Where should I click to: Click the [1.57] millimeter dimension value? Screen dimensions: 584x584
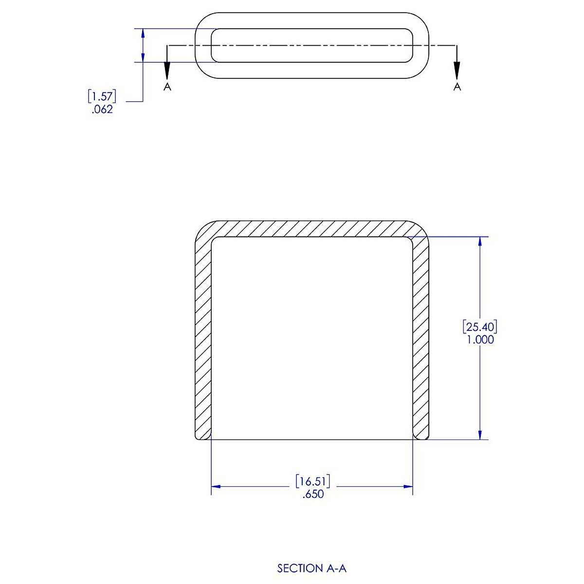pos(102,96)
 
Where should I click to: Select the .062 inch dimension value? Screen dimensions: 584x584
pos(102,109)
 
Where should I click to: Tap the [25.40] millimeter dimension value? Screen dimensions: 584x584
pos(480,326)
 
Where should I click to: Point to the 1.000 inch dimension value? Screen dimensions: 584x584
pos(480,340)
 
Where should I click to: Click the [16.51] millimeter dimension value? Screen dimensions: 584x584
pos(312,482)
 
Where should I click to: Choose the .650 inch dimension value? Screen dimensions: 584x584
pos(312,495)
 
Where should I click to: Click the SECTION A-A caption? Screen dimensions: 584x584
pos(311,568)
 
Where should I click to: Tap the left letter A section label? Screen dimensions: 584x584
pos(167,87)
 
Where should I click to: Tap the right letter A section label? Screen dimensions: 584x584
pos(457,87)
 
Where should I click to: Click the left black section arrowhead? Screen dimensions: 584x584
pos(167,71)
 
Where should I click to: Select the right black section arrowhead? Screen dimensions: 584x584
pos(457,71)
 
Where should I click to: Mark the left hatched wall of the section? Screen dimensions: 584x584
pos(203,336)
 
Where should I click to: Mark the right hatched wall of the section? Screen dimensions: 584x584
pos(421,336)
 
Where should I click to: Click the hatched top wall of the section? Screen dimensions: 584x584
pos(311,228)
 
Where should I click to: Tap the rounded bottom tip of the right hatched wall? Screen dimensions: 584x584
pos(421,437)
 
